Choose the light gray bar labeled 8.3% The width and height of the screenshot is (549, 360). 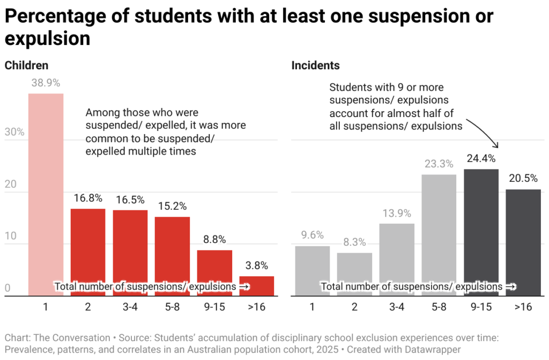pyautogui.click(x=354, y=274)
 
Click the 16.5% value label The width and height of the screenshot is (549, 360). pyautogui.click(x=130, y=200)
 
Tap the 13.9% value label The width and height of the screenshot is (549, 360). pyautogui.click(x=397, y=213)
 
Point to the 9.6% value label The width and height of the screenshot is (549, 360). pyautogui.click(x=312, y=235)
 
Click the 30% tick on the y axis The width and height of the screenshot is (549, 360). pyautogui.click(x=14, y=132)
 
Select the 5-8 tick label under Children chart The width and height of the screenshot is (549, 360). pyautogui.click(x=172, y=307)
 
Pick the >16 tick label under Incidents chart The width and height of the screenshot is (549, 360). pyautogui.click(x=523, y=307)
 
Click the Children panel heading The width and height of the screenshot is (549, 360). pyautogui.click(x=27, y=65)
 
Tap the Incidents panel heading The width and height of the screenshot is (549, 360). pyautogui.click(x=315, y=65)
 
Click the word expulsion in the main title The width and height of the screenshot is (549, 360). pyautogui.click(x=47, y=39)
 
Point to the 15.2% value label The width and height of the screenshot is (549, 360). pyautogui.click(x=172, y=206)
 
